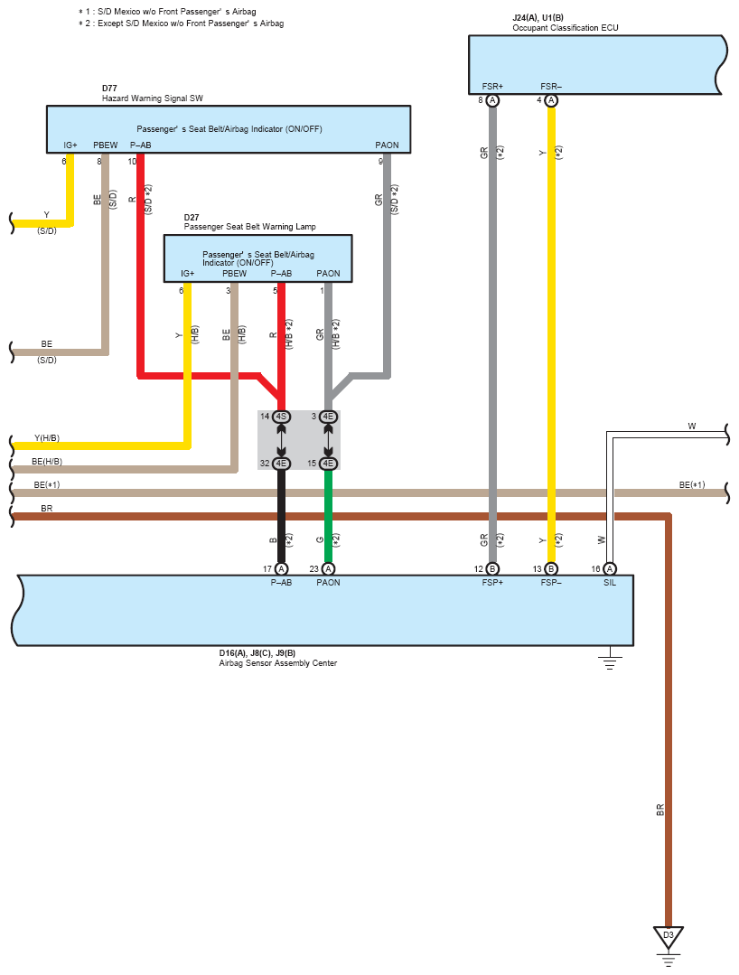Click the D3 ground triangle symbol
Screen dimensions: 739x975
pyautogui.click(x=669, y=937)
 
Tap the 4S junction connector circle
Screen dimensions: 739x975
pyautogui.click(x=282, y=417)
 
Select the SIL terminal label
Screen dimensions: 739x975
pyautogui.click(x=610, y=583)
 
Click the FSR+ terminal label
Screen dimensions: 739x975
pyautogui.click(x=492, y=87)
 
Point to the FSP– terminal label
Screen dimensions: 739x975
pyautogui.click(x=551, y=583)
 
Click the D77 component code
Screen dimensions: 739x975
pyautogui.click(x=109, y=89)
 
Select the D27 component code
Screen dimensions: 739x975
pyautogui.click(x=192, y=218)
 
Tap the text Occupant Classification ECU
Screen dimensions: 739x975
pyautogui.click(x=566, y=28)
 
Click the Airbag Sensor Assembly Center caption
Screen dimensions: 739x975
pyautogui.click(x=278, y=663)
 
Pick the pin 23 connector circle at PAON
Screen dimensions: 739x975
pyautogui.click(x=328, y=569)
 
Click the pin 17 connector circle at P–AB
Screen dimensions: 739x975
pyautogui.click(x=282, y=569)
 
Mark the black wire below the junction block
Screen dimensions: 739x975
pyautogui.click(x=282, y=516)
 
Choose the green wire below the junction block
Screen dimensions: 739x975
pyautogui.click(x=328, y=516)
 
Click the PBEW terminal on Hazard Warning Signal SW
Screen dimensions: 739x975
pyautogui.click(x=105, y=145)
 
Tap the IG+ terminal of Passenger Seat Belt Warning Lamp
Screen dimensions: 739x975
pyautogui.click(x=187, y=274)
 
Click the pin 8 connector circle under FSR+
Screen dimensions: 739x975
pyautogui.click(x=492, y=100)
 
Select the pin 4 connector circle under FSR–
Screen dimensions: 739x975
pyautogui.click(x=551, y=100)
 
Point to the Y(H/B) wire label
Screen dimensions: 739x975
pyautogui.click(x=47, y=437)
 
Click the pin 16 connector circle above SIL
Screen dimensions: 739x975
pyautogui.click(x=610, y=569)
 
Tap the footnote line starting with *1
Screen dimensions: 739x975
pyautogui.click(x=167, y=12)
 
